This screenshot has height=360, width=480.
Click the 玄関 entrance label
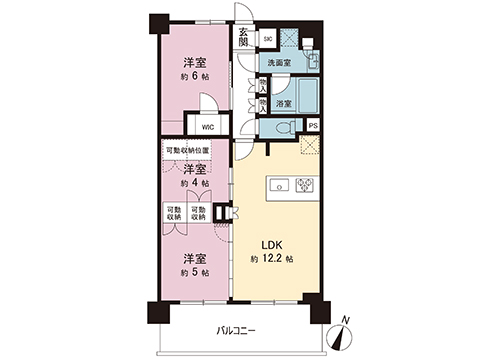(x=244, y=38)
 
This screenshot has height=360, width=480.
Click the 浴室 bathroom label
(x=282, y=103)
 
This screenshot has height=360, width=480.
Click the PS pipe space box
(x=313, y=126)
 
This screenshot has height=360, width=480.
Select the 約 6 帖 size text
(x=194, y=75)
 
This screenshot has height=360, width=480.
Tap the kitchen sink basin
(x=279, y=184)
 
